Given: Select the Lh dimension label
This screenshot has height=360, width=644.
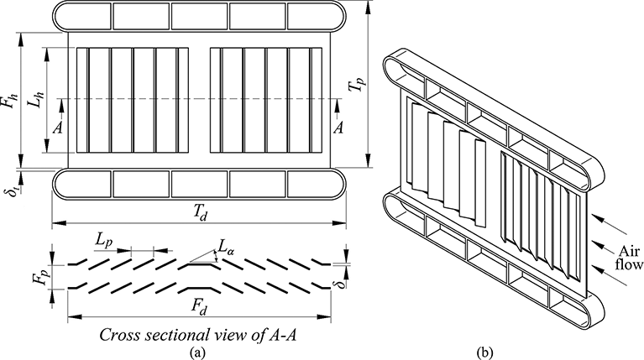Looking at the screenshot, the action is [36, 99].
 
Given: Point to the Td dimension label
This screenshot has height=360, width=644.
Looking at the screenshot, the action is [201, 213].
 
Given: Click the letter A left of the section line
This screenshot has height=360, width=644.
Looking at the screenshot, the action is [58, 128].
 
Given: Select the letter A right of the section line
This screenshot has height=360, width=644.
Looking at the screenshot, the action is [338, 128].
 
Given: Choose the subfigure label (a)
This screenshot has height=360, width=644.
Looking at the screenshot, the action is [196, 352].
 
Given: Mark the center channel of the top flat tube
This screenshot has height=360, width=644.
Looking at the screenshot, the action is [199, 16].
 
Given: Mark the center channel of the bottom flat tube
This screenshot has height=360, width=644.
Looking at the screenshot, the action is [199, 184].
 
